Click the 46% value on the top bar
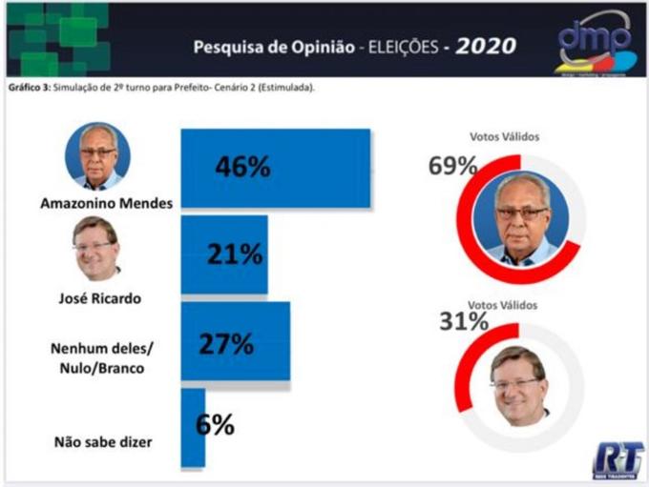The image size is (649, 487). click(x=242, y=167)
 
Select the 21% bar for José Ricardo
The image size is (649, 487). click(x=224, y=254)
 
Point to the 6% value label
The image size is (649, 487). click(x=215, y=425)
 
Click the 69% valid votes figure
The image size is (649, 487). click(x=452, y=166)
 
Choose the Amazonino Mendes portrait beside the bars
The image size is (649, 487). click(x=97, y=155)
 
